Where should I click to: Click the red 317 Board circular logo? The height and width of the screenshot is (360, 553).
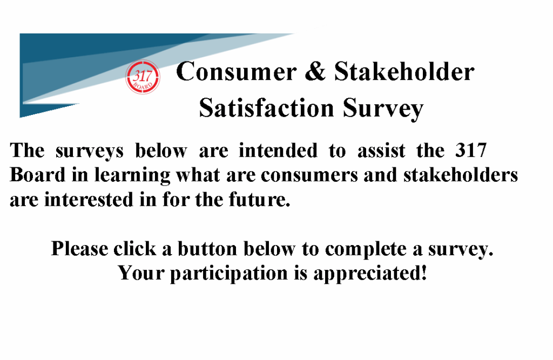143,77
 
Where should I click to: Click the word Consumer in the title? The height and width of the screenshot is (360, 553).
237,72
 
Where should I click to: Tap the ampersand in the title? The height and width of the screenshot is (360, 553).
315,71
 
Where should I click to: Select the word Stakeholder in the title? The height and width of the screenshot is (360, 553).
404,71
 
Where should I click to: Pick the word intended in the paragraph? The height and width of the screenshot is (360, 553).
278,151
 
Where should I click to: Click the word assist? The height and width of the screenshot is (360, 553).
381,151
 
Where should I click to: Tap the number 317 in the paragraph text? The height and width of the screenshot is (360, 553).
471,150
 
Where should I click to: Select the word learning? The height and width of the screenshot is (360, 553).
132,176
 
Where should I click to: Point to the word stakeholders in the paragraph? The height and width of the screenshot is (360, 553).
461,175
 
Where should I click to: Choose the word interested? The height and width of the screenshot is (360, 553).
89,199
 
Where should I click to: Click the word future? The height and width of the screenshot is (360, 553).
260,199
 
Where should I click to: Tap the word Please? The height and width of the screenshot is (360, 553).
80,249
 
